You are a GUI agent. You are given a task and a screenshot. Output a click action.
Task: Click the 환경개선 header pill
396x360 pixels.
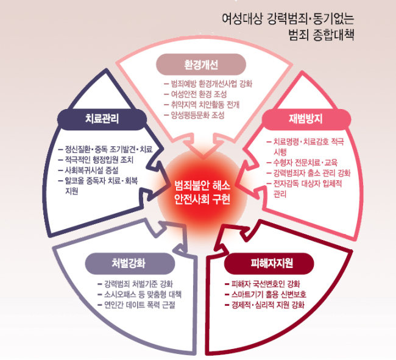pos(201,65)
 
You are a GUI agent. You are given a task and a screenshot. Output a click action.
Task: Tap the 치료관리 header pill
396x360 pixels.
pos(102,119)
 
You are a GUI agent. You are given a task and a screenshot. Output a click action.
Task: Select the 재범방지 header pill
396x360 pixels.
pos(306,119)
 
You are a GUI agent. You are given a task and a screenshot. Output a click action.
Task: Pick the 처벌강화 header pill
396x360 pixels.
pos(130,263)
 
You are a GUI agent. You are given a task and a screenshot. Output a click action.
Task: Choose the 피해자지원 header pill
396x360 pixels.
pos(269,263)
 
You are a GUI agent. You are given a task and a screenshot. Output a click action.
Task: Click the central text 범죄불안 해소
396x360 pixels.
pos(202,186)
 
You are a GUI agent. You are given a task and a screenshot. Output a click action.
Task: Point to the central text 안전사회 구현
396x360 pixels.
pos(202,199)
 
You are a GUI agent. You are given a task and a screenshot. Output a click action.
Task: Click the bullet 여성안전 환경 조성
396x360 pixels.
pos(195,94)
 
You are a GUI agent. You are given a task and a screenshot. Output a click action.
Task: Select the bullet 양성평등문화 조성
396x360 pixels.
pos(194,115)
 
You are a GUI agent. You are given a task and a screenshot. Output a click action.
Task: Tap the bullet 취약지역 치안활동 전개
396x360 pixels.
pos(202,105)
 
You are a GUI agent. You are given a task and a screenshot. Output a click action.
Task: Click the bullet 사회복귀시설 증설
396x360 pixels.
pos(88,171)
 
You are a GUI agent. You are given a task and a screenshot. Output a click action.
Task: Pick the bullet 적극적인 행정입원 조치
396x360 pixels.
pos(96,160)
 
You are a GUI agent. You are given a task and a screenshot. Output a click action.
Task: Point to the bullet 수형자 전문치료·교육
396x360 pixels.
pos(302,163)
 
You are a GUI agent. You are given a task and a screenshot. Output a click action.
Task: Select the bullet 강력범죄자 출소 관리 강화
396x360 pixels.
pos(309,173)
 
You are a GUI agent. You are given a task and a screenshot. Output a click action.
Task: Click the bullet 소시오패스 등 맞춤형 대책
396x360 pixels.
pos(140,294)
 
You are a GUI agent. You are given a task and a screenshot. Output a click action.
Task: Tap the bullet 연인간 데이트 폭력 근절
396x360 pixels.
pos(136,305)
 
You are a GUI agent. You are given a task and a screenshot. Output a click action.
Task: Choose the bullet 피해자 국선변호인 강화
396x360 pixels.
pos(263,284)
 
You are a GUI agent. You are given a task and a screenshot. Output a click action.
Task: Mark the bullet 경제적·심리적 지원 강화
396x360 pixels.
pos(264,305)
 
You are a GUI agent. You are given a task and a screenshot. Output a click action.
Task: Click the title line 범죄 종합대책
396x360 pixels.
pos(321,35)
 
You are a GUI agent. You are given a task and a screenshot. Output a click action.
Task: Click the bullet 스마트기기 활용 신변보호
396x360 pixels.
pos(266,294)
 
